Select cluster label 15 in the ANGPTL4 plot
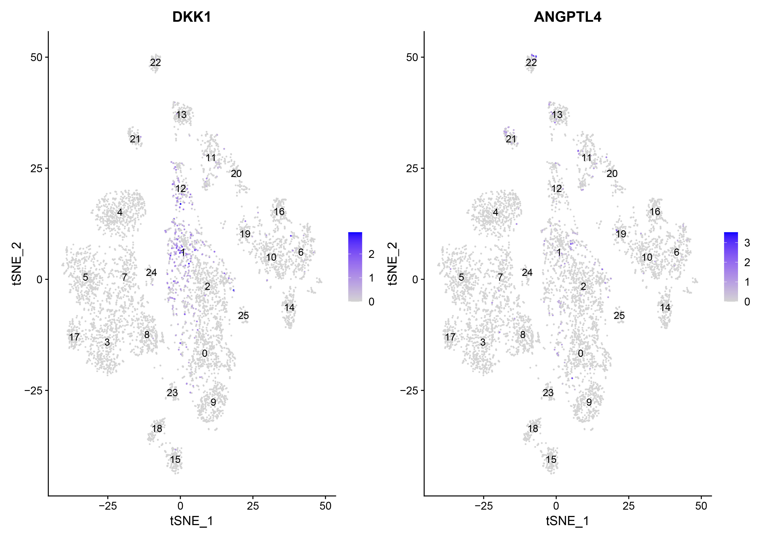(551, 459)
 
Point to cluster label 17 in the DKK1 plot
(74, 337)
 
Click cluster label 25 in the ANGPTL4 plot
(619, 316)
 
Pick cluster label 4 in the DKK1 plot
(120, 212)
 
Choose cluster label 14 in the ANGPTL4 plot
(665, 308)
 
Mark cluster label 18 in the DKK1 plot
(157, 429)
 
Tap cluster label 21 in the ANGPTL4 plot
(511, 139)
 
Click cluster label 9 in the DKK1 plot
(213, 402)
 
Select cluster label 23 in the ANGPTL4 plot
(548, 393)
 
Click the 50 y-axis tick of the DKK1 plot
(36, 57)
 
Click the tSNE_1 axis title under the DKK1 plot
(192, 521)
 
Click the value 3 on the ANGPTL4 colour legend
(747, 243)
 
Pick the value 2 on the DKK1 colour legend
(371, 254)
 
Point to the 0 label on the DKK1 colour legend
(371, 302)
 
